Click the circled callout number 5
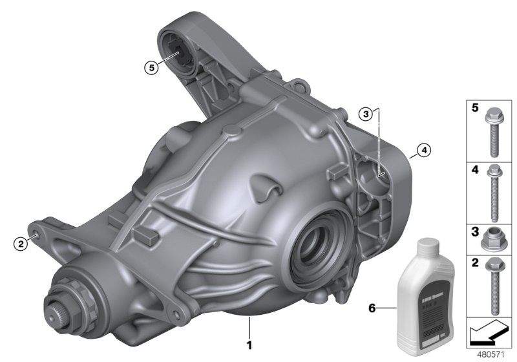151,67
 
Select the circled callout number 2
21,243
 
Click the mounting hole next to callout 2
35,228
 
